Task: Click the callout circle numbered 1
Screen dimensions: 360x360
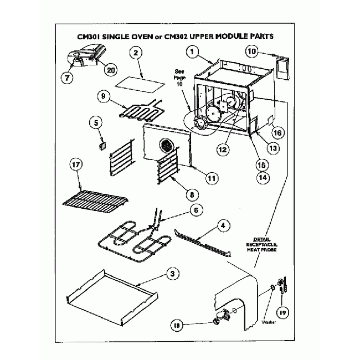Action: (x=192, y=53)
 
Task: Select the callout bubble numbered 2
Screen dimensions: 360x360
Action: (x=136, y=53)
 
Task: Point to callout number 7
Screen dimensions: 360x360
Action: (x=68, y=78)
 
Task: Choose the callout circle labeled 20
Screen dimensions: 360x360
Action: (x=111, y=70)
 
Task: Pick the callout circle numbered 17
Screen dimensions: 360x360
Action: (x=76, y=165)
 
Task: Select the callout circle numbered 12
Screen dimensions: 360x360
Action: (x=223, y=148)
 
